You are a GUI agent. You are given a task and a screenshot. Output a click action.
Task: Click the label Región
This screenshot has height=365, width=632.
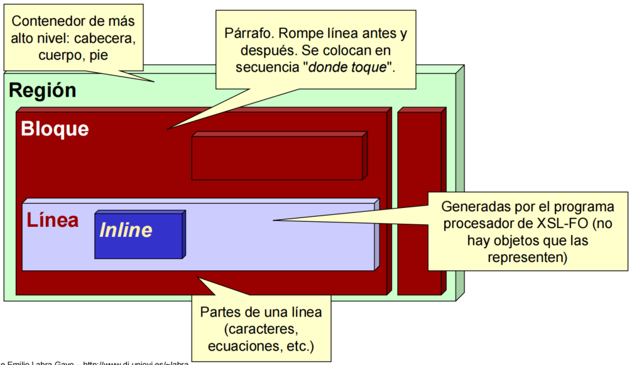click(x=42, y=90)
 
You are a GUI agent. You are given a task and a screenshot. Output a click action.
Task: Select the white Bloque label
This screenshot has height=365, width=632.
click(x=55, y=129)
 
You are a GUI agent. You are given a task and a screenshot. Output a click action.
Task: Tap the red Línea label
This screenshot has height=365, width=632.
click(x=52, y=221)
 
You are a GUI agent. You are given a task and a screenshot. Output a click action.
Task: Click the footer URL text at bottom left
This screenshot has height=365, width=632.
click(x=135, y=362)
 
